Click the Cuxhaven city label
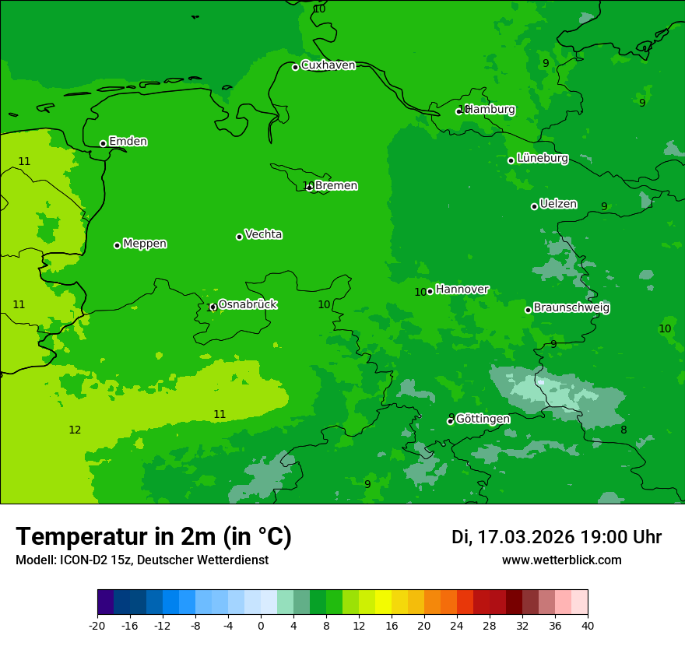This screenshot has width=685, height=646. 328,65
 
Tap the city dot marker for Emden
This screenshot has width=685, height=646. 103,143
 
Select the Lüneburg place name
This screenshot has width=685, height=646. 542,158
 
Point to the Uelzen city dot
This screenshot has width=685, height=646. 534,206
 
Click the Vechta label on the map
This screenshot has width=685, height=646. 263,234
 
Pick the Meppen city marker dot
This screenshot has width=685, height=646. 117,245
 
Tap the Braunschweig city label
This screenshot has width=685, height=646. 571,308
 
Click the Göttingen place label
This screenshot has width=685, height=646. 483,419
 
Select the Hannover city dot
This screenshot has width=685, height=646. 430,291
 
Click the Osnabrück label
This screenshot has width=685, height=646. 248,304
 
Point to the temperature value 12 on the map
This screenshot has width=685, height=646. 75,430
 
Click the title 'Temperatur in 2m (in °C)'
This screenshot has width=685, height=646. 153,537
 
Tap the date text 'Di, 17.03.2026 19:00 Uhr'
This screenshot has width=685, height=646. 557,537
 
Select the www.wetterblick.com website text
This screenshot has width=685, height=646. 561,560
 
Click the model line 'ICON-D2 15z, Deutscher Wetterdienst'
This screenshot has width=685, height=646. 142,560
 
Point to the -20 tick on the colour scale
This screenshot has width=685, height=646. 97,625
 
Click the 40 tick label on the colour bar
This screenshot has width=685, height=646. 588,625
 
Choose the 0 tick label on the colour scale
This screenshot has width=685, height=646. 261,625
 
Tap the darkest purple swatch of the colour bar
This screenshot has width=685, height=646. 105,602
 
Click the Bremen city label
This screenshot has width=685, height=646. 336,185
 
